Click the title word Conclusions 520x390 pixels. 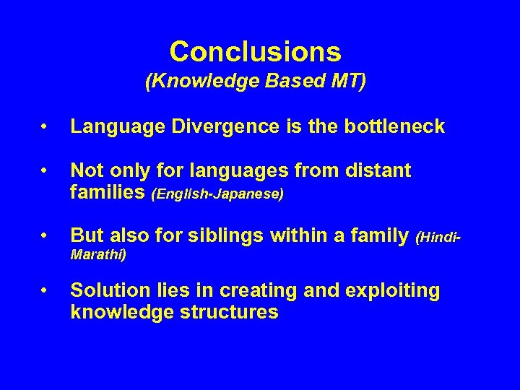(x=256, y=51)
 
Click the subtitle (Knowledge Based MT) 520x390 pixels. (x=256, y=82)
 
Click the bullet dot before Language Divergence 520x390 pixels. (x=45, y=128)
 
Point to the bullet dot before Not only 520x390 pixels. (x=45, y=171)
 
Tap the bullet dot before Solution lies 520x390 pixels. (x=45, y=291)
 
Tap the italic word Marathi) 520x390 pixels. (x=98, y=254)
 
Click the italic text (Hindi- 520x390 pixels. (x=439, y=236)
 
